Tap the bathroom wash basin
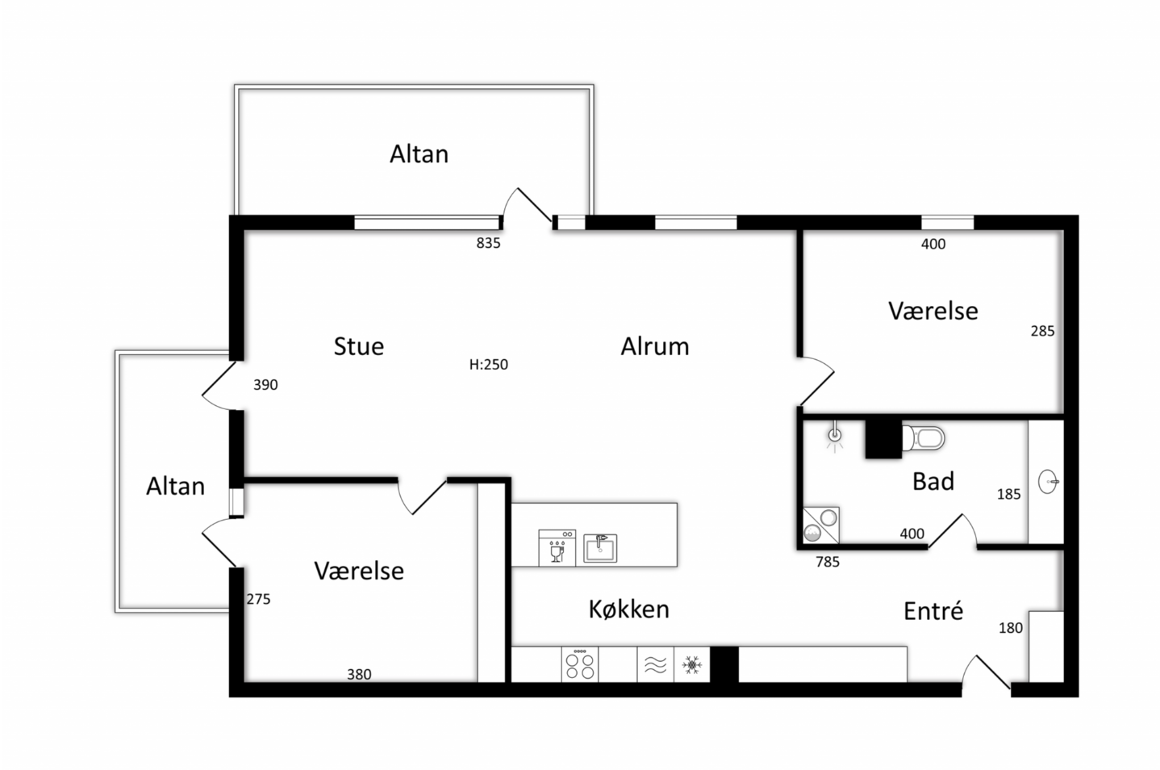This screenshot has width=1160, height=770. tap(1048, 481)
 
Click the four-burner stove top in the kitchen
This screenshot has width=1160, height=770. tap(579, 663)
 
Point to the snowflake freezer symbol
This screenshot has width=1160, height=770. tap(692, 664)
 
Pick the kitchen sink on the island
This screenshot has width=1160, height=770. tap(600, 548)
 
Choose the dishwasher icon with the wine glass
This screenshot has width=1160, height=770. tap(557, 548)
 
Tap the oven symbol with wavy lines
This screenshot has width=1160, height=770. tap(656, 664)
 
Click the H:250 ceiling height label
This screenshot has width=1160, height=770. tap(488, 364)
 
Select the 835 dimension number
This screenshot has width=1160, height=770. tap(488, 243)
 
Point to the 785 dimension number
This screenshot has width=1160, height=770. tap(828, 562)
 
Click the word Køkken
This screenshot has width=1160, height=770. tap(628, 609)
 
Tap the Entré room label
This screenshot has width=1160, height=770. tap(933, 611)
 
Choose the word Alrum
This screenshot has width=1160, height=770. tap(655, 346)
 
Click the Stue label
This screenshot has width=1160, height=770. tap(359, 346)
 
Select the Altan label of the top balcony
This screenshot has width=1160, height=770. tap(419, 154)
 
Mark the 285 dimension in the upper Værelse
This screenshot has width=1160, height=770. tap(1042, 331)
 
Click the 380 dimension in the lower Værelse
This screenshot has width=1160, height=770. tap(359, 674)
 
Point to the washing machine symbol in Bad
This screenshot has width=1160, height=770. tap(821, 525)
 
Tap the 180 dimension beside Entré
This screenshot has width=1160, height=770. tap(1010, 628)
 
